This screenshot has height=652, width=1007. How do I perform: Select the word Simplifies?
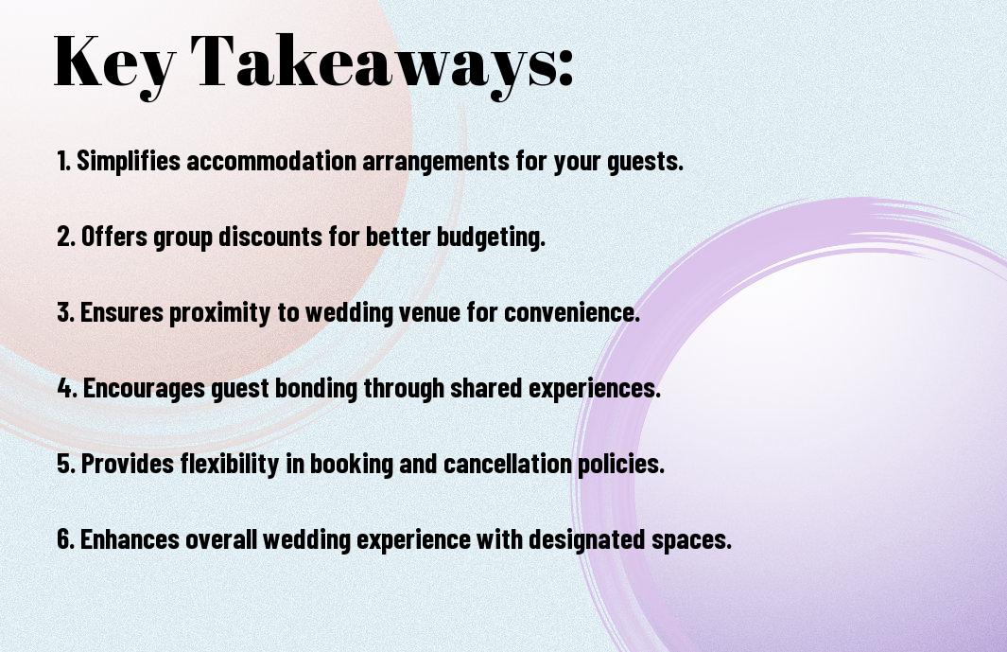point(129,161)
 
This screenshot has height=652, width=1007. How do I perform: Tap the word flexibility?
point(212,465)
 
